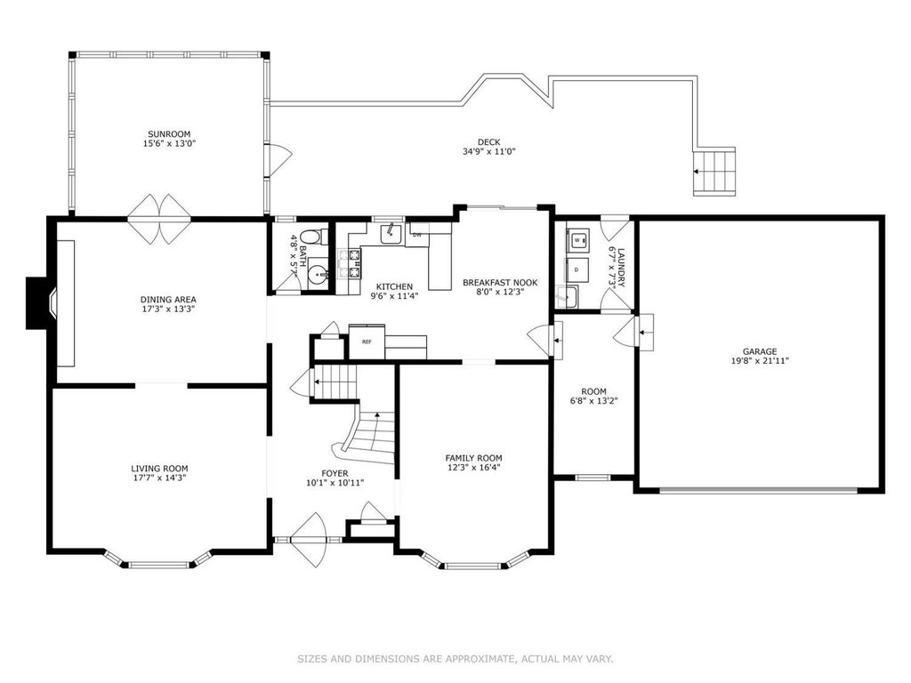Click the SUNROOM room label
coord(169,134)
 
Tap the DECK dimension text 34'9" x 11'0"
coord(488,151)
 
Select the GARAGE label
coord(760,351)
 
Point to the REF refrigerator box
coord(367,341)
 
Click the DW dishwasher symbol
coord(417,235)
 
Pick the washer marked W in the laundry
coord(577,239)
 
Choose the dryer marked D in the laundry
coord(576,270)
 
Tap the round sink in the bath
coord(318,272)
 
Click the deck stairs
coord(714,172)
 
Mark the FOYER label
coord(335,473)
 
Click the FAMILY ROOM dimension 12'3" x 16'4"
coord(473,467)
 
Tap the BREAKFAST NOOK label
coord(500,283)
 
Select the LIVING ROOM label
coord(159,469)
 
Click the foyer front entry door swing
coord(310,541)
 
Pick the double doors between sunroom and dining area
coord(159,219)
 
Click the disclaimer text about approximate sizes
coord(455,659)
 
